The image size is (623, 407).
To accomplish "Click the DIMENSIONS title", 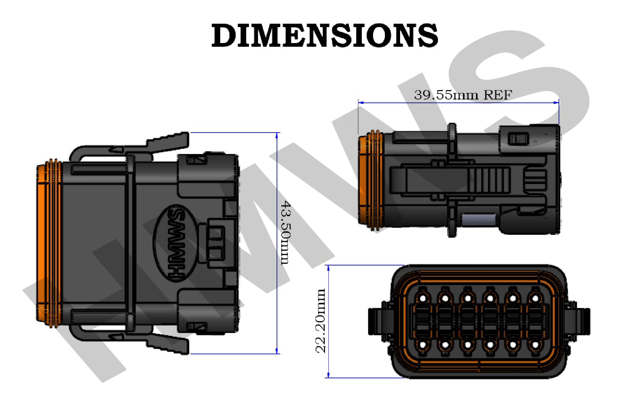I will click(x=324, y=35).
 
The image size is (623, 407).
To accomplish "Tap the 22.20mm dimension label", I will click(x=320, y=321).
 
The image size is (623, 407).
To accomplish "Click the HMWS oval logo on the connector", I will click(x=175, y=243).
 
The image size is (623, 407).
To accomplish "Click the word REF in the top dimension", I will click(x=498, y=95).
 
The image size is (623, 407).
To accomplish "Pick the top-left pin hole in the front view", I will click(x=423, y=298).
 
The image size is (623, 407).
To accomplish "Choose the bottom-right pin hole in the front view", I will click(x=535, y=345).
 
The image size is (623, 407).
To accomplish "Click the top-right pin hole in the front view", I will click(x=535, y=298).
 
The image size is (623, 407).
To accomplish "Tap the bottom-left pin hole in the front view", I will click(x=423, y=345).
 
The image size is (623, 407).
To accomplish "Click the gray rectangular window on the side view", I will click(x=478, y=219).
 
